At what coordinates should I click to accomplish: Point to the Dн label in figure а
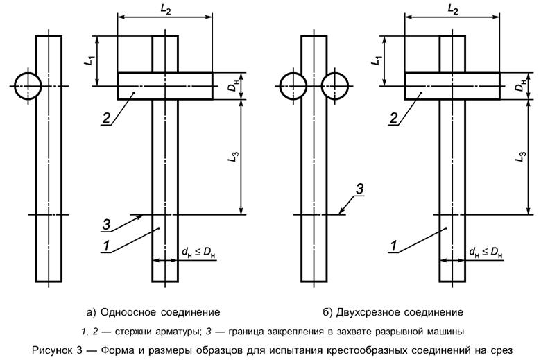click(x=232, y=87)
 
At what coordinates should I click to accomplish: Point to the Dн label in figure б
click(x=519, y=87)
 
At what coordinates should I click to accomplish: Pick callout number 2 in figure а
click(x=105, y=118)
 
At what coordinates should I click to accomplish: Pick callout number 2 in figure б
click(x=393, y=118)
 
